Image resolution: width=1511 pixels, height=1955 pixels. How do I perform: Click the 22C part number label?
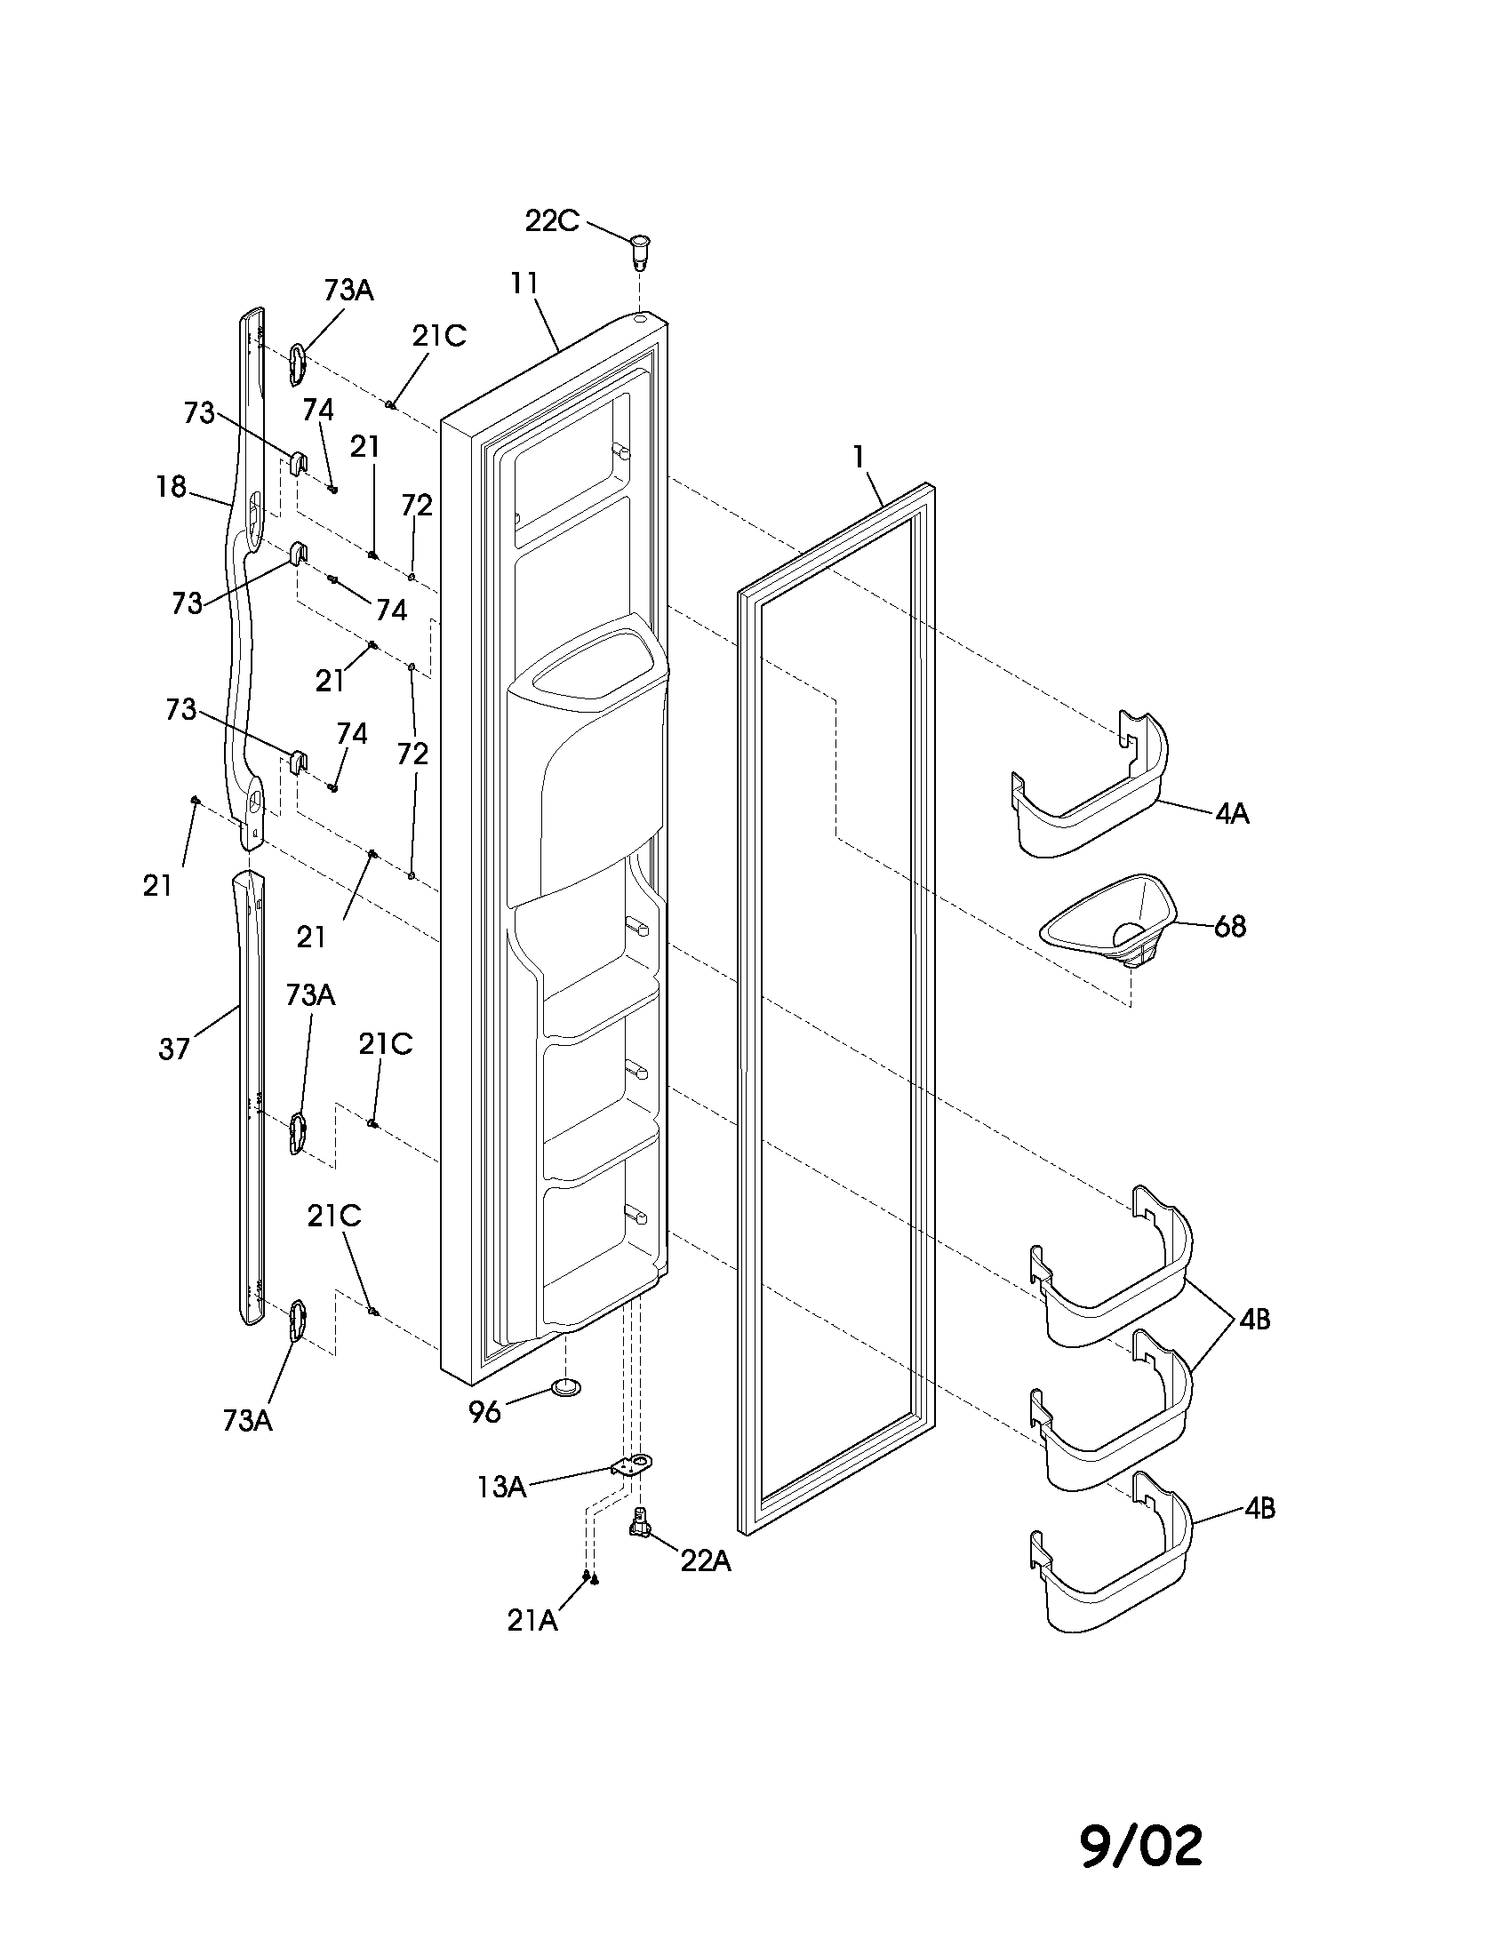[x=551, y=220]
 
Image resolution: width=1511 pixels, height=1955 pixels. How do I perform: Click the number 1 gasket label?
[x=859, y=458]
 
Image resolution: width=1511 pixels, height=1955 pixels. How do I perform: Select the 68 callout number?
[x=1230, y=927]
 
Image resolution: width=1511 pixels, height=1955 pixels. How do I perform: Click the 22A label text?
[x=706, y=1561]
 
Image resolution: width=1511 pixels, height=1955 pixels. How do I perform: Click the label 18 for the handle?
[x=170, y=487]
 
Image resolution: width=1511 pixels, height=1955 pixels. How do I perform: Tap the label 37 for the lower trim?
[x=173, y=1049]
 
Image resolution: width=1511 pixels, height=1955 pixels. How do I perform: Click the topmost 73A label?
[x=348, y=290]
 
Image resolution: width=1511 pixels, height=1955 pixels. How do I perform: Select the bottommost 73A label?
[x=248, y=1421]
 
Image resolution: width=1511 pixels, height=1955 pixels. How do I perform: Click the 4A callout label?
[x=1232, y=814]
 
